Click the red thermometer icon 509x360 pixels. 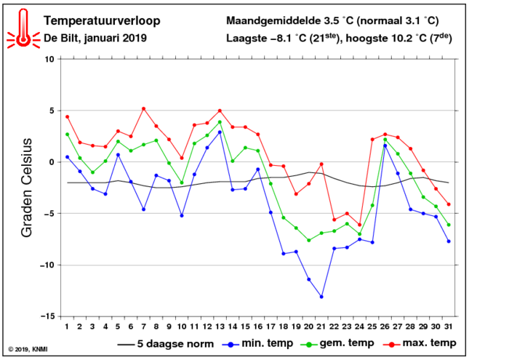click(23, 29)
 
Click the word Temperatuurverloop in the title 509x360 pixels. click(102, 21)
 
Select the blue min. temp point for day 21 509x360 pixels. click(321, 297)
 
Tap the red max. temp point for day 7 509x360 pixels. click(143, 109)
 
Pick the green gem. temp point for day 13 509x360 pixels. click(220, 122)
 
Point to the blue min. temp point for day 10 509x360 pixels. click(182, 215)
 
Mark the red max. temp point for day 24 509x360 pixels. click(360, 225)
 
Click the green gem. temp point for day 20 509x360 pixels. click(309, 241)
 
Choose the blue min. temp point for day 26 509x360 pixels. click(385, 145)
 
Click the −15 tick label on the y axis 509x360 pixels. click(48, 316)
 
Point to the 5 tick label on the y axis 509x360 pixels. click(52, 111)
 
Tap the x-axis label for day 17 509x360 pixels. click(270, 327)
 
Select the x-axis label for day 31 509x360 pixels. click(449, 327)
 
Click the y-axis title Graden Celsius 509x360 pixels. click(27, 188)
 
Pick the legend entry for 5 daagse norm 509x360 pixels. click(166, 344)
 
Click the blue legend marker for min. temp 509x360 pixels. click(231, 345)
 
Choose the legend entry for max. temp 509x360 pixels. click(420, 343)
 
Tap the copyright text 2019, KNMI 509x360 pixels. click(28, 349)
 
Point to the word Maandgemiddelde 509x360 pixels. click(273, 21)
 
